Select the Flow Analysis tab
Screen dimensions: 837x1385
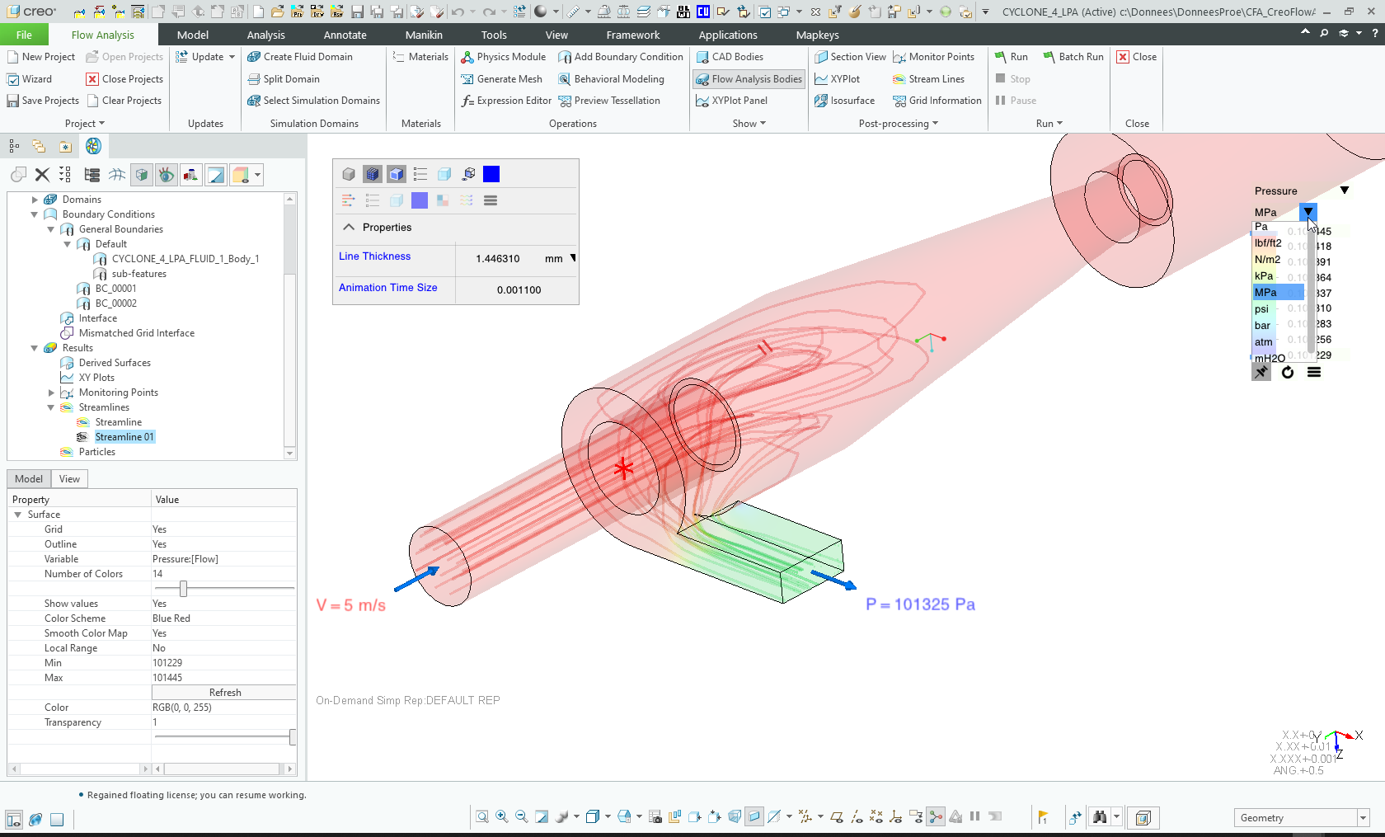[102, 35]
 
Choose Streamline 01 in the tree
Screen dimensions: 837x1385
[124, 437]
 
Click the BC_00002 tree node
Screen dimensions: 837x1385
[115, 303]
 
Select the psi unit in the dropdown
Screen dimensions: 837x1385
[1262, 309]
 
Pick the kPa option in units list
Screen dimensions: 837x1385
[1264, 276]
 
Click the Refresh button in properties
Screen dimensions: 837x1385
[224, 693]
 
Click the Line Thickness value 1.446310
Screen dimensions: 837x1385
[497, 259]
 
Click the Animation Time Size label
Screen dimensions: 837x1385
[387, 288]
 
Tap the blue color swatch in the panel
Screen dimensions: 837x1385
[491, 174]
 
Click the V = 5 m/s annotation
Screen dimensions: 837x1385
[351, 605]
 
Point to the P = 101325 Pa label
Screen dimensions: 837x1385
[920, 604]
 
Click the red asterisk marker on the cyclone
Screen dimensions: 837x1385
[623, 469]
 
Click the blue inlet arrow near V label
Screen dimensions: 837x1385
[416, 579]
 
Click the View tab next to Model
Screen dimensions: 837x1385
[69, 479]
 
